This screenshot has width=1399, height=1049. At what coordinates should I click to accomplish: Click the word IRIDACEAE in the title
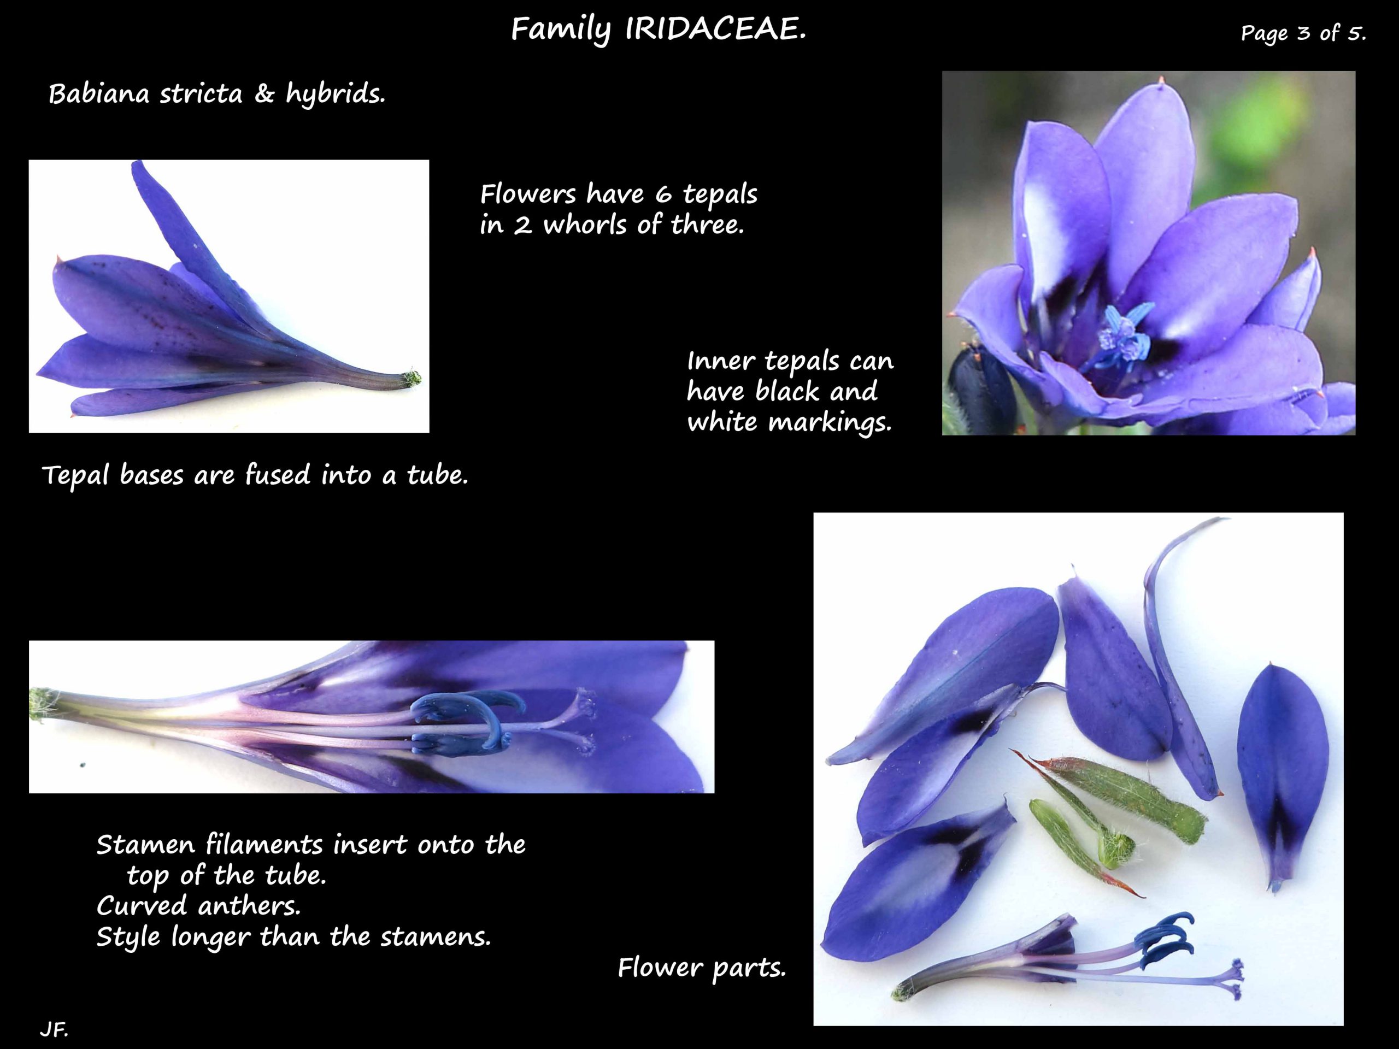coord(715,30)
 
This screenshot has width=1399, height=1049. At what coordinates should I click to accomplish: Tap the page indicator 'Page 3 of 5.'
coord(1303,32)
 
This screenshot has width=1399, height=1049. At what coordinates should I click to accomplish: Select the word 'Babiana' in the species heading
coord(100,94)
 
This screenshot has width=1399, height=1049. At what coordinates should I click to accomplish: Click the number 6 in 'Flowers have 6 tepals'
coord(663,195)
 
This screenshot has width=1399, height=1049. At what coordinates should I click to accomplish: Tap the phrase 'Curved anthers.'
coord(198,906)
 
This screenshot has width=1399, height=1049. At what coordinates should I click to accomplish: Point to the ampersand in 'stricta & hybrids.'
coord(264,94)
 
